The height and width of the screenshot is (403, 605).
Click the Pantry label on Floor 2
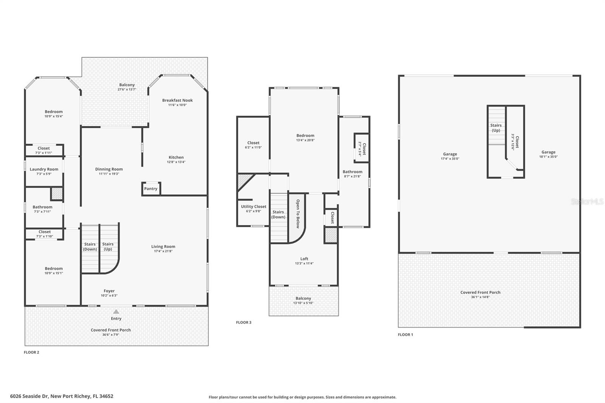pyautogui.click(x=150, y=189)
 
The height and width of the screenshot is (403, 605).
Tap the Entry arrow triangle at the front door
pyautogui.click(x=116, y=312)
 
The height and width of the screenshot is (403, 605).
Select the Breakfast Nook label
pyautogui.click(x=177, y=100)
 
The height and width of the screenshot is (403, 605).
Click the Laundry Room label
pyautogui.click(x=44, y=169)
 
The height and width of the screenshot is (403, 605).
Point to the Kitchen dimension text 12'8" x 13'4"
pyautogui.click(x=176, y=162)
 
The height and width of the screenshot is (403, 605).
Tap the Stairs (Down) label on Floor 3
pyautogui.click(x=278, y=214)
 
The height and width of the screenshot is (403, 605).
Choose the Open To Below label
pyautogui.click(x=298, y=214)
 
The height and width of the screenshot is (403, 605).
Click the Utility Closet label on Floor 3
pyautogui.click(x=253, y=206)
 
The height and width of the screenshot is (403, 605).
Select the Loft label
pyautogui.click(x=304, y=259)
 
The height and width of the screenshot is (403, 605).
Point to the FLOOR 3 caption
pyautogui.click(x=244, y=322)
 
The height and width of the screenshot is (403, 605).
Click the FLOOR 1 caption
pyautogui.click(x=405, y=335)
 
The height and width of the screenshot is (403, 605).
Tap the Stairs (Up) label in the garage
pyautogui.click(x=496, y=128)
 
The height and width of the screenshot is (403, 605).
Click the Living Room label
pyautogui.click(x=163, y=246)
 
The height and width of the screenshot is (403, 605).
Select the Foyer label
pyautogui.click(x=109, y=291)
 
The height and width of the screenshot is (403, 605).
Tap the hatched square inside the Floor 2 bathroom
pyautogui.click(x=57, y=194)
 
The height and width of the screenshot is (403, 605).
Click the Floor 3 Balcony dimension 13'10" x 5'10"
pyautogui.click(x=303, y=303)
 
